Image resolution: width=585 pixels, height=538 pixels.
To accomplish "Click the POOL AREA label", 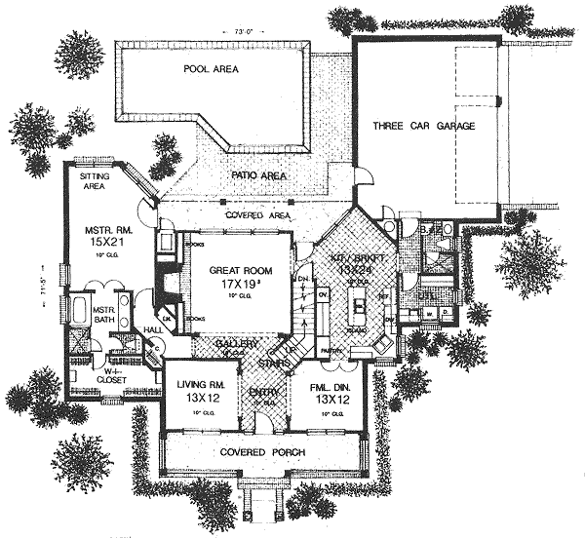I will (x=212, y=70).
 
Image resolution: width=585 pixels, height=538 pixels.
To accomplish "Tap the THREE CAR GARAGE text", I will (x=423, y=127).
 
